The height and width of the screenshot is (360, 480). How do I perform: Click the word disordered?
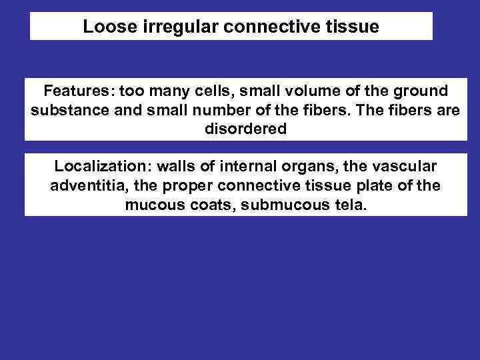click(x=245, y=129)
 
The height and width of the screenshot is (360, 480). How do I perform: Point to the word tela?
click(x=351, y=205)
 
